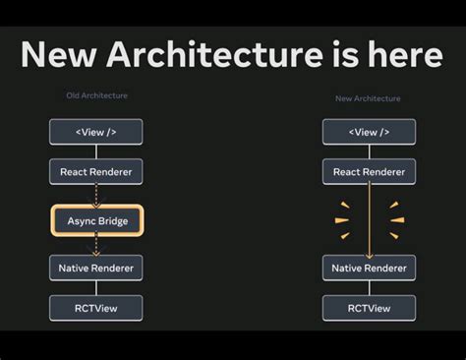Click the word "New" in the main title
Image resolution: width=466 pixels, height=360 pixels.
[58, 54]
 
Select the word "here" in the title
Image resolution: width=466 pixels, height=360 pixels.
[406, 54]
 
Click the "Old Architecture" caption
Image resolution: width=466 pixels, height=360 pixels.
[96, 95]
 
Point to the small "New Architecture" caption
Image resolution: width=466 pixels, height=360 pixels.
[369, 98]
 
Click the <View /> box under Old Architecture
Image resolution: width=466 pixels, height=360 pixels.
[96, 132]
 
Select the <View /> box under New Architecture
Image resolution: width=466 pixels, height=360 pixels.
[369, 132]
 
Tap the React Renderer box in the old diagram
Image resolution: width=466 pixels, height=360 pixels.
[96, 172]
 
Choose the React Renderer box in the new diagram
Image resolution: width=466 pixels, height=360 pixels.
[369, 172]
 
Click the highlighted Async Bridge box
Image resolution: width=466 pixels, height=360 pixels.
[96, 220]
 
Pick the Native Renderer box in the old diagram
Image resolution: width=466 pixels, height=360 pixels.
[96, 268]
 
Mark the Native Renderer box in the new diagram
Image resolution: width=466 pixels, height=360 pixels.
[369, 268]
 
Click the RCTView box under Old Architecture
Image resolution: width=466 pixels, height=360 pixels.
[96, 308]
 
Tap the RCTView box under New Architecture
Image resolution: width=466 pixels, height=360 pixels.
[369, 308]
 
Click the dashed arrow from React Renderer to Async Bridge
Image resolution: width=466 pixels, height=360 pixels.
[96, 195]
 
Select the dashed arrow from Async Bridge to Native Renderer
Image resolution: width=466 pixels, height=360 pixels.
[96, 245]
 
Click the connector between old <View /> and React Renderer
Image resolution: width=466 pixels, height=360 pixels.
[96, 151]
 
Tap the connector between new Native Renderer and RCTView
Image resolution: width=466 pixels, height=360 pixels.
[369, 287]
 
